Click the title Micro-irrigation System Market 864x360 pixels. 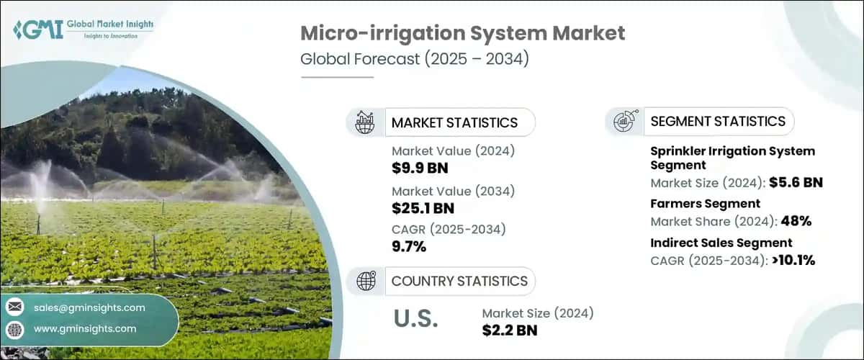tap(462, 33)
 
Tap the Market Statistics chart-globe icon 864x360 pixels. tap(366, 122)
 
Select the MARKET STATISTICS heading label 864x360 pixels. tap(454, 122)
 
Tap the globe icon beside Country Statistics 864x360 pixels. tap(366, 281)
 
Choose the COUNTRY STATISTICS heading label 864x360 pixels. tap(459, 281)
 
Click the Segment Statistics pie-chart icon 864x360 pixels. tap(624, 122)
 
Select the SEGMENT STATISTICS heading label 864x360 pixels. tap(718, 122)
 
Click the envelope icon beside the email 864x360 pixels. tap(14, 307)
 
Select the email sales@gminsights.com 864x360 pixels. tap(89, 307)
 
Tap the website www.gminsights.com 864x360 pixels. tap(84, 329)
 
